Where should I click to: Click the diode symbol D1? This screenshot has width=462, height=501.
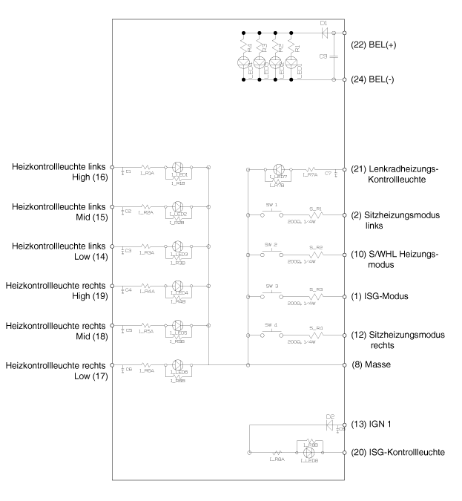(323, 33)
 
